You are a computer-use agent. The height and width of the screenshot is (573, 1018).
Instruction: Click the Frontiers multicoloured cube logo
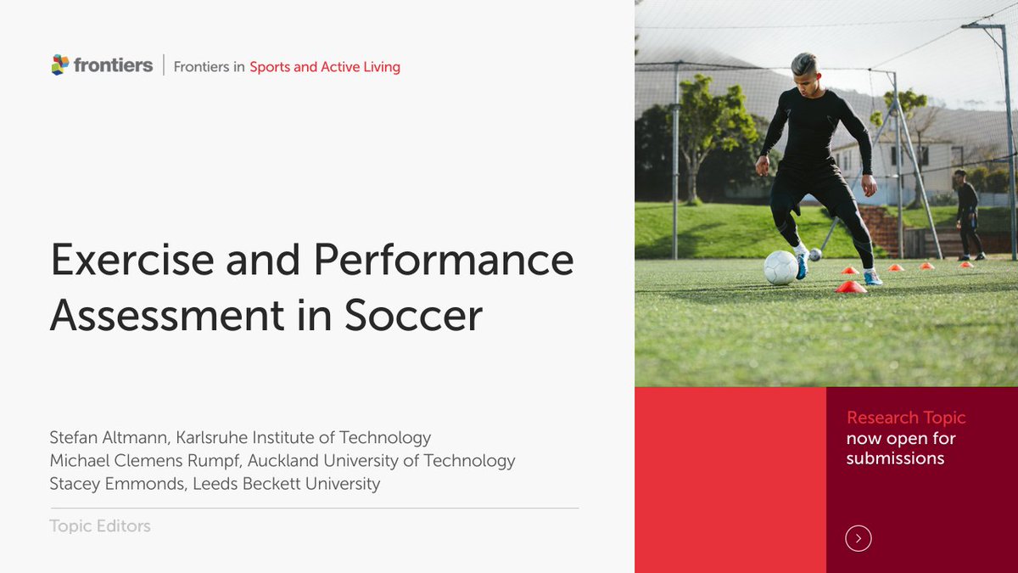pyautogui.click(x=59, y=65)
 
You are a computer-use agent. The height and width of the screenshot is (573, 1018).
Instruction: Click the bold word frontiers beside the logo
pyautogui.click(x=113, y=65)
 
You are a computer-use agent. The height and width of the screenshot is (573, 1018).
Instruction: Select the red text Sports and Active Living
pyautogui.click(x=325, y=66)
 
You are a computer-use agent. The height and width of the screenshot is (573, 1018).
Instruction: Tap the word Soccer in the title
pyautogui.click(x=413, y=315)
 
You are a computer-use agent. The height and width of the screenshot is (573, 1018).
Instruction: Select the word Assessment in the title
pyautogui.click(x=167, y=315)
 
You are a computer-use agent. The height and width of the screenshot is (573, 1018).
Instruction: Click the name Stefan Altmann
pyautogui.click(x=107, y=438)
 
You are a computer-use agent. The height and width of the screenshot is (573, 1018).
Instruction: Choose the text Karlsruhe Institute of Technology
pyautogui.click(x=304, y=438)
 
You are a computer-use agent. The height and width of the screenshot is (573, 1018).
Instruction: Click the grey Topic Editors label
pyautogui.click(x=100, y=526)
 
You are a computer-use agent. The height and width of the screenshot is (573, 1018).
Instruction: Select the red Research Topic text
pyautogui.click(x=906, y=418)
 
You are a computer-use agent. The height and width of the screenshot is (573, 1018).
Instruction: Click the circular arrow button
pyautogui.click(x=859, y=538)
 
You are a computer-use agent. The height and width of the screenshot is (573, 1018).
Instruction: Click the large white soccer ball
pyautogui.click(x=780, y=267)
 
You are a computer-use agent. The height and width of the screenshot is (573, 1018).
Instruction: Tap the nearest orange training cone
pyautogui.click(x=850, y=287)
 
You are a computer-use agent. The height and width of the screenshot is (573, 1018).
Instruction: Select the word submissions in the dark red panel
pyautogui.click(x=895, y=458)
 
